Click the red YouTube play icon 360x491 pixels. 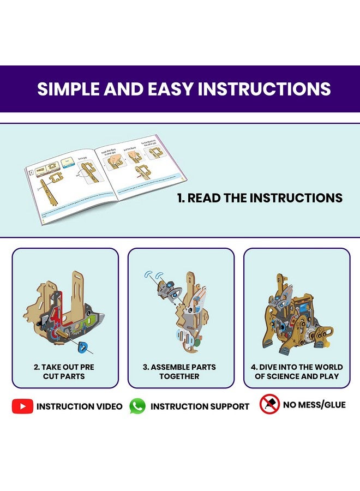22,406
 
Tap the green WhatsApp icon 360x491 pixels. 137,406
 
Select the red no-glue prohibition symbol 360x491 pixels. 269,404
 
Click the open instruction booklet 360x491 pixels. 104,180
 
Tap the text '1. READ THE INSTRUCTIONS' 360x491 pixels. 260,198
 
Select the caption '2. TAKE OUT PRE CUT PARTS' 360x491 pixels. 65,372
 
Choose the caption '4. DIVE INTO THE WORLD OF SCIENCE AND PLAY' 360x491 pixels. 298,372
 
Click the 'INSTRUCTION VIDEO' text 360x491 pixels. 80,406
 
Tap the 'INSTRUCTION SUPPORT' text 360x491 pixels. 200,406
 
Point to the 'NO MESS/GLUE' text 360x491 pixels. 315,405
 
